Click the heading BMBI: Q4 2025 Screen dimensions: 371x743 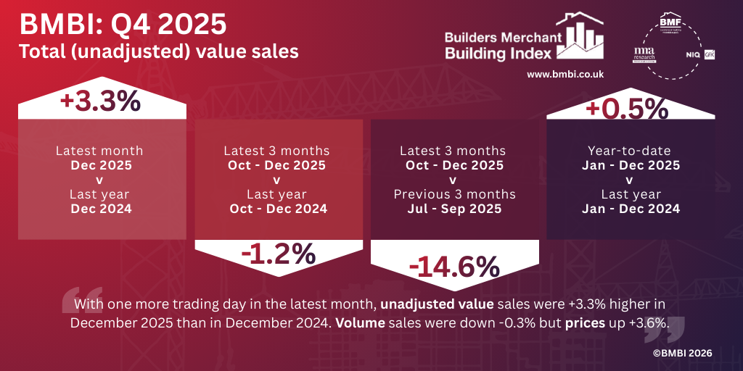click(x=123, y=25)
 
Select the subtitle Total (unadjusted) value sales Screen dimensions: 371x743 click(x=158, y=51)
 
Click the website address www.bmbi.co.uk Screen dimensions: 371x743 click(x=565, y=74)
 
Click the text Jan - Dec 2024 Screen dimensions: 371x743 click(x=631, y=209)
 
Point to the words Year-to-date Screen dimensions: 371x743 click(x=630, y=151)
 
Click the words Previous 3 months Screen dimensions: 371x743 click(x=454, y=194)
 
